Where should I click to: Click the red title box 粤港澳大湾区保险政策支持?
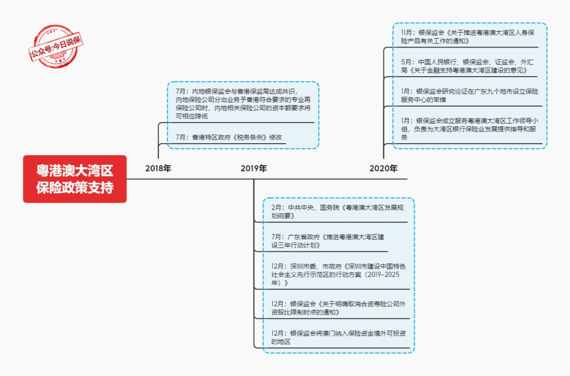[x=75, y=179]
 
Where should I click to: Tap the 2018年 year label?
[x=158, y=168]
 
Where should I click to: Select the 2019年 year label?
[x=254, y=168]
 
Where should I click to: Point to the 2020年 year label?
[x=384, y=168]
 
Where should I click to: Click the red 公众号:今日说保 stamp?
[x=55, y=46]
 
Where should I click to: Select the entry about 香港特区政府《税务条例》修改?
[x=229, y=137]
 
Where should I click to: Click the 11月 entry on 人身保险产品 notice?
[x=468, y=37]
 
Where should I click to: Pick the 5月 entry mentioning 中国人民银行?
[x=468, y=66]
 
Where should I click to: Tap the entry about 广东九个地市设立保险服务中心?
[x=470, y=95]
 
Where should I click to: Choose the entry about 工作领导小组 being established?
[x=470, y=129]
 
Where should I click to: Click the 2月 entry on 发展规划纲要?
[x=337, y=212]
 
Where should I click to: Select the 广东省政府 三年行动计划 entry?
[x=328, y=241]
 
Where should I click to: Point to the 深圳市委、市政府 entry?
[x=338, y=275]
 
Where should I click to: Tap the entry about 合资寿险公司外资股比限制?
[x=338, y=308]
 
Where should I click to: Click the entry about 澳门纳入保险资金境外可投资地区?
[x=338, y=337]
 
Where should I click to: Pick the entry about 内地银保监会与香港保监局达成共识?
[x=243, y=104]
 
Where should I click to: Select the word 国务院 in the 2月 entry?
[x=329, y=208]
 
